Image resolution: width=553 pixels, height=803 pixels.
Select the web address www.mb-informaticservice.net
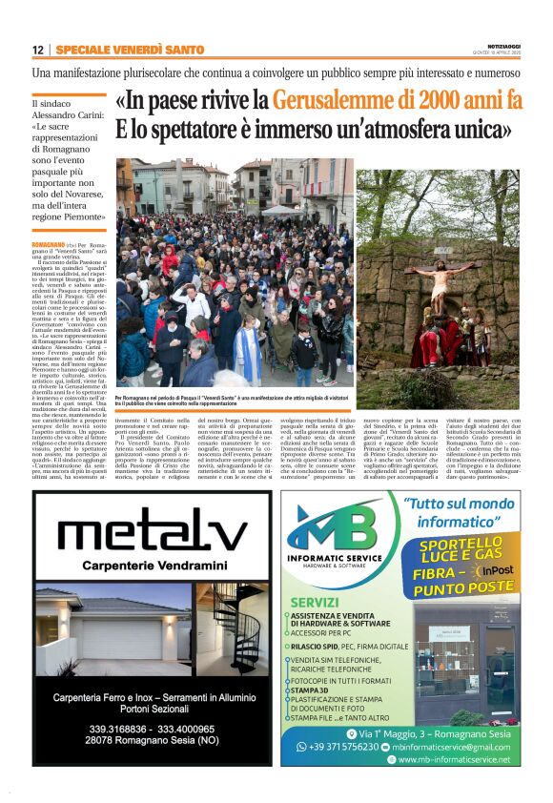pyautogui.click(x=453, y=759)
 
